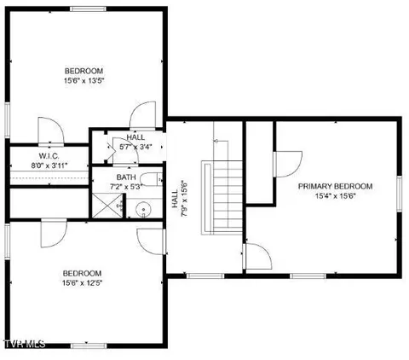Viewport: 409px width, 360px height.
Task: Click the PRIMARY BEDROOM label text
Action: (x=335, y=187)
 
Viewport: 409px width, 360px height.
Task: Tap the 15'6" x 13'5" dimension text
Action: (x=84, y=81)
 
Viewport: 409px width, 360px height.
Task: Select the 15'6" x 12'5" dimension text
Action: (x=83, y=283)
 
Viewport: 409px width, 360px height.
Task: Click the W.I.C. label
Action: (x=49, y=156)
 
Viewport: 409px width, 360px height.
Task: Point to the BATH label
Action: (x=126, y=177)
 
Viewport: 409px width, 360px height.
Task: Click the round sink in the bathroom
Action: (x=143, y=210)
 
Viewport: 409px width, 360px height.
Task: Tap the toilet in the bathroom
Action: (x=152, y=179)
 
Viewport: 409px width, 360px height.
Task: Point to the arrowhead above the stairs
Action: (x=216, y=141)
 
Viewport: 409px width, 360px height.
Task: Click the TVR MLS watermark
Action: (x=25, y=344)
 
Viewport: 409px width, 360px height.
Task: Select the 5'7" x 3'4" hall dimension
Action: (x=135, y=147)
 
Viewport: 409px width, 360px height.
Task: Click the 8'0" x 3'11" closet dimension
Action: (x=49, y=165)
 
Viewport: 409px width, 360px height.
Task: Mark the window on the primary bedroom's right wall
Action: (x=400, y=194)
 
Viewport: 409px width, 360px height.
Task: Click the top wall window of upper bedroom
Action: (x=89, y=9)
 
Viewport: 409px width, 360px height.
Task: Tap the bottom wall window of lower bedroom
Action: (x=89, y=345)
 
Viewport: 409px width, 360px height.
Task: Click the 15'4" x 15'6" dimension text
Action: (x=336, y=196)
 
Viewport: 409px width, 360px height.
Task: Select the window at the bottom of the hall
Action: (x=205, y=276)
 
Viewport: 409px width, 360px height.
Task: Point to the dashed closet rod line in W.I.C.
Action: (x=49, y=178)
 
